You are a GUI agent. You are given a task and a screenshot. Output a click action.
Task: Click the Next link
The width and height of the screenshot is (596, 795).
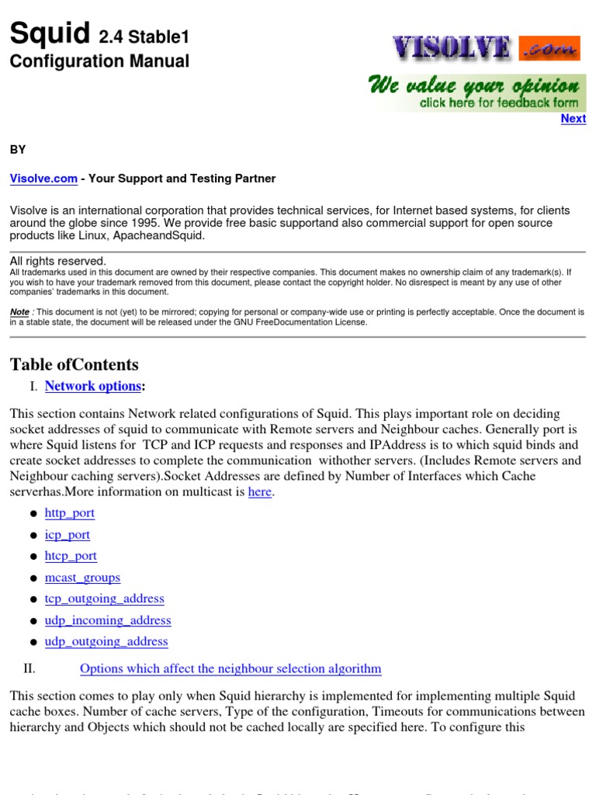573,119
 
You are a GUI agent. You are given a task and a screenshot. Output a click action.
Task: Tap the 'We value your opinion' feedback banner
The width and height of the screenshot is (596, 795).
476,93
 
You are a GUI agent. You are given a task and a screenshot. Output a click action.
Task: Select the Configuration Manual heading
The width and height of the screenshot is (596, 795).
99,61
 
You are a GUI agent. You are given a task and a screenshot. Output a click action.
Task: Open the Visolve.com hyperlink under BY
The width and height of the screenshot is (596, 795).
43,179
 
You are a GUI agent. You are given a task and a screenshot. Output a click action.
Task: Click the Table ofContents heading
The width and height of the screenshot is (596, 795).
74,365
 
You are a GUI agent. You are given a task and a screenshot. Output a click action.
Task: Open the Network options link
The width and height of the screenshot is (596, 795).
93,386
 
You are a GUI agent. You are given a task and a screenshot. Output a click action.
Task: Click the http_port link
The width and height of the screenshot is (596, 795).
70,513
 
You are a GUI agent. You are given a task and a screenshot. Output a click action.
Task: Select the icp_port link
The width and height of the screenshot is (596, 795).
68,535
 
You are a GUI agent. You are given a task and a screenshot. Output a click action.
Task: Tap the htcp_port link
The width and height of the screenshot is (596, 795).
71,556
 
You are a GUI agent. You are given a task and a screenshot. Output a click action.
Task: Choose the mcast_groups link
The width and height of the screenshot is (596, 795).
82,578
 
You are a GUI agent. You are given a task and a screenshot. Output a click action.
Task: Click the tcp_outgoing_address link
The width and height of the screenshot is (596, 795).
104,599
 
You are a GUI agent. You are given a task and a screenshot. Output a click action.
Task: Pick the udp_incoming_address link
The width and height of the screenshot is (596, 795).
108,620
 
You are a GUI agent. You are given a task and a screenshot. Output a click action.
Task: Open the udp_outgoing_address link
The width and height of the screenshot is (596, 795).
106,641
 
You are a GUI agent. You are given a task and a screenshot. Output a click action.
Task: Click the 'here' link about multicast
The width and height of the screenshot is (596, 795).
260,492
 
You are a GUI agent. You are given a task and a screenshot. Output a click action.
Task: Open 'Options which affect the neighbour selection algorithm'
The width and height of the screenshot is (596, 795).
230,668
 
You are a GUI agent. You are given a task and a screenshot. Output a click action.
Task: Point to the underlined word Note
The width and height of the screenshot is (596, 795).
19,311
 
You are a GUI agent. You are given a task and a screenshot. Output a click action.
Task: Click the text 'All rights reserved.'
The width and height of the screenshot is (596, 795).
57,262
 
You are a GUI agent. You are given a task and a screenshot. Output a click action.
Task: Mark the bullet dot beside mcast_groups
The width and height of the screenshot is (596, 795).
33,579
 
